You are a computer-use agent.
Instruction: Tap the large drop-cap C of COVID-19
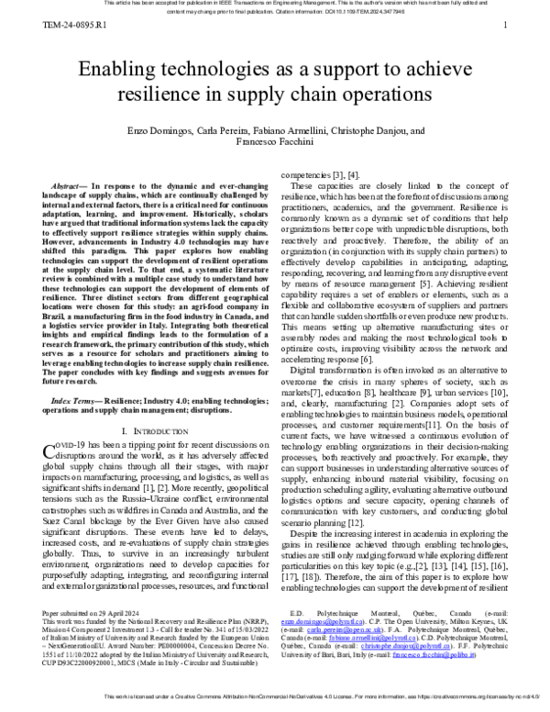(x=51, y=449)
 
